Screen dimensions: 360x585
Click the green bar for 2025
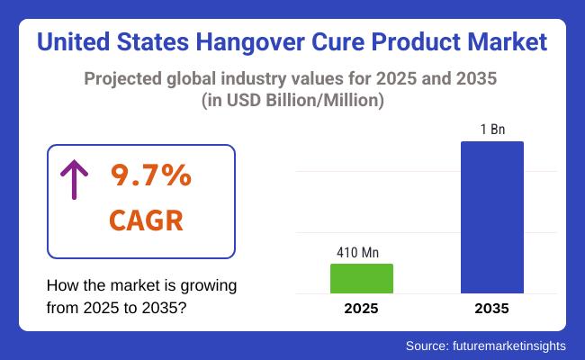[362, 278]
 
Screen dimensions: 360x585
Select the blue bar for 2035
[491, 217]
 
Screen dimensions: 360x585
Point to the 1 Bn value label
[491, 130]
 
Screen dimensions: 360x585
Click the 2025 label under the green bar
[362, 309]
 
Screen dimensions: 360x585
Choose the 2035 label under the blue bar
[491, 309]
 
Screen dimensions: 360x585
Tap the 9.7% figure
[150, 175]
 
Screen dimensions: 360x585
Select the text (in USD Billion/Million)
[292, 101]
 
